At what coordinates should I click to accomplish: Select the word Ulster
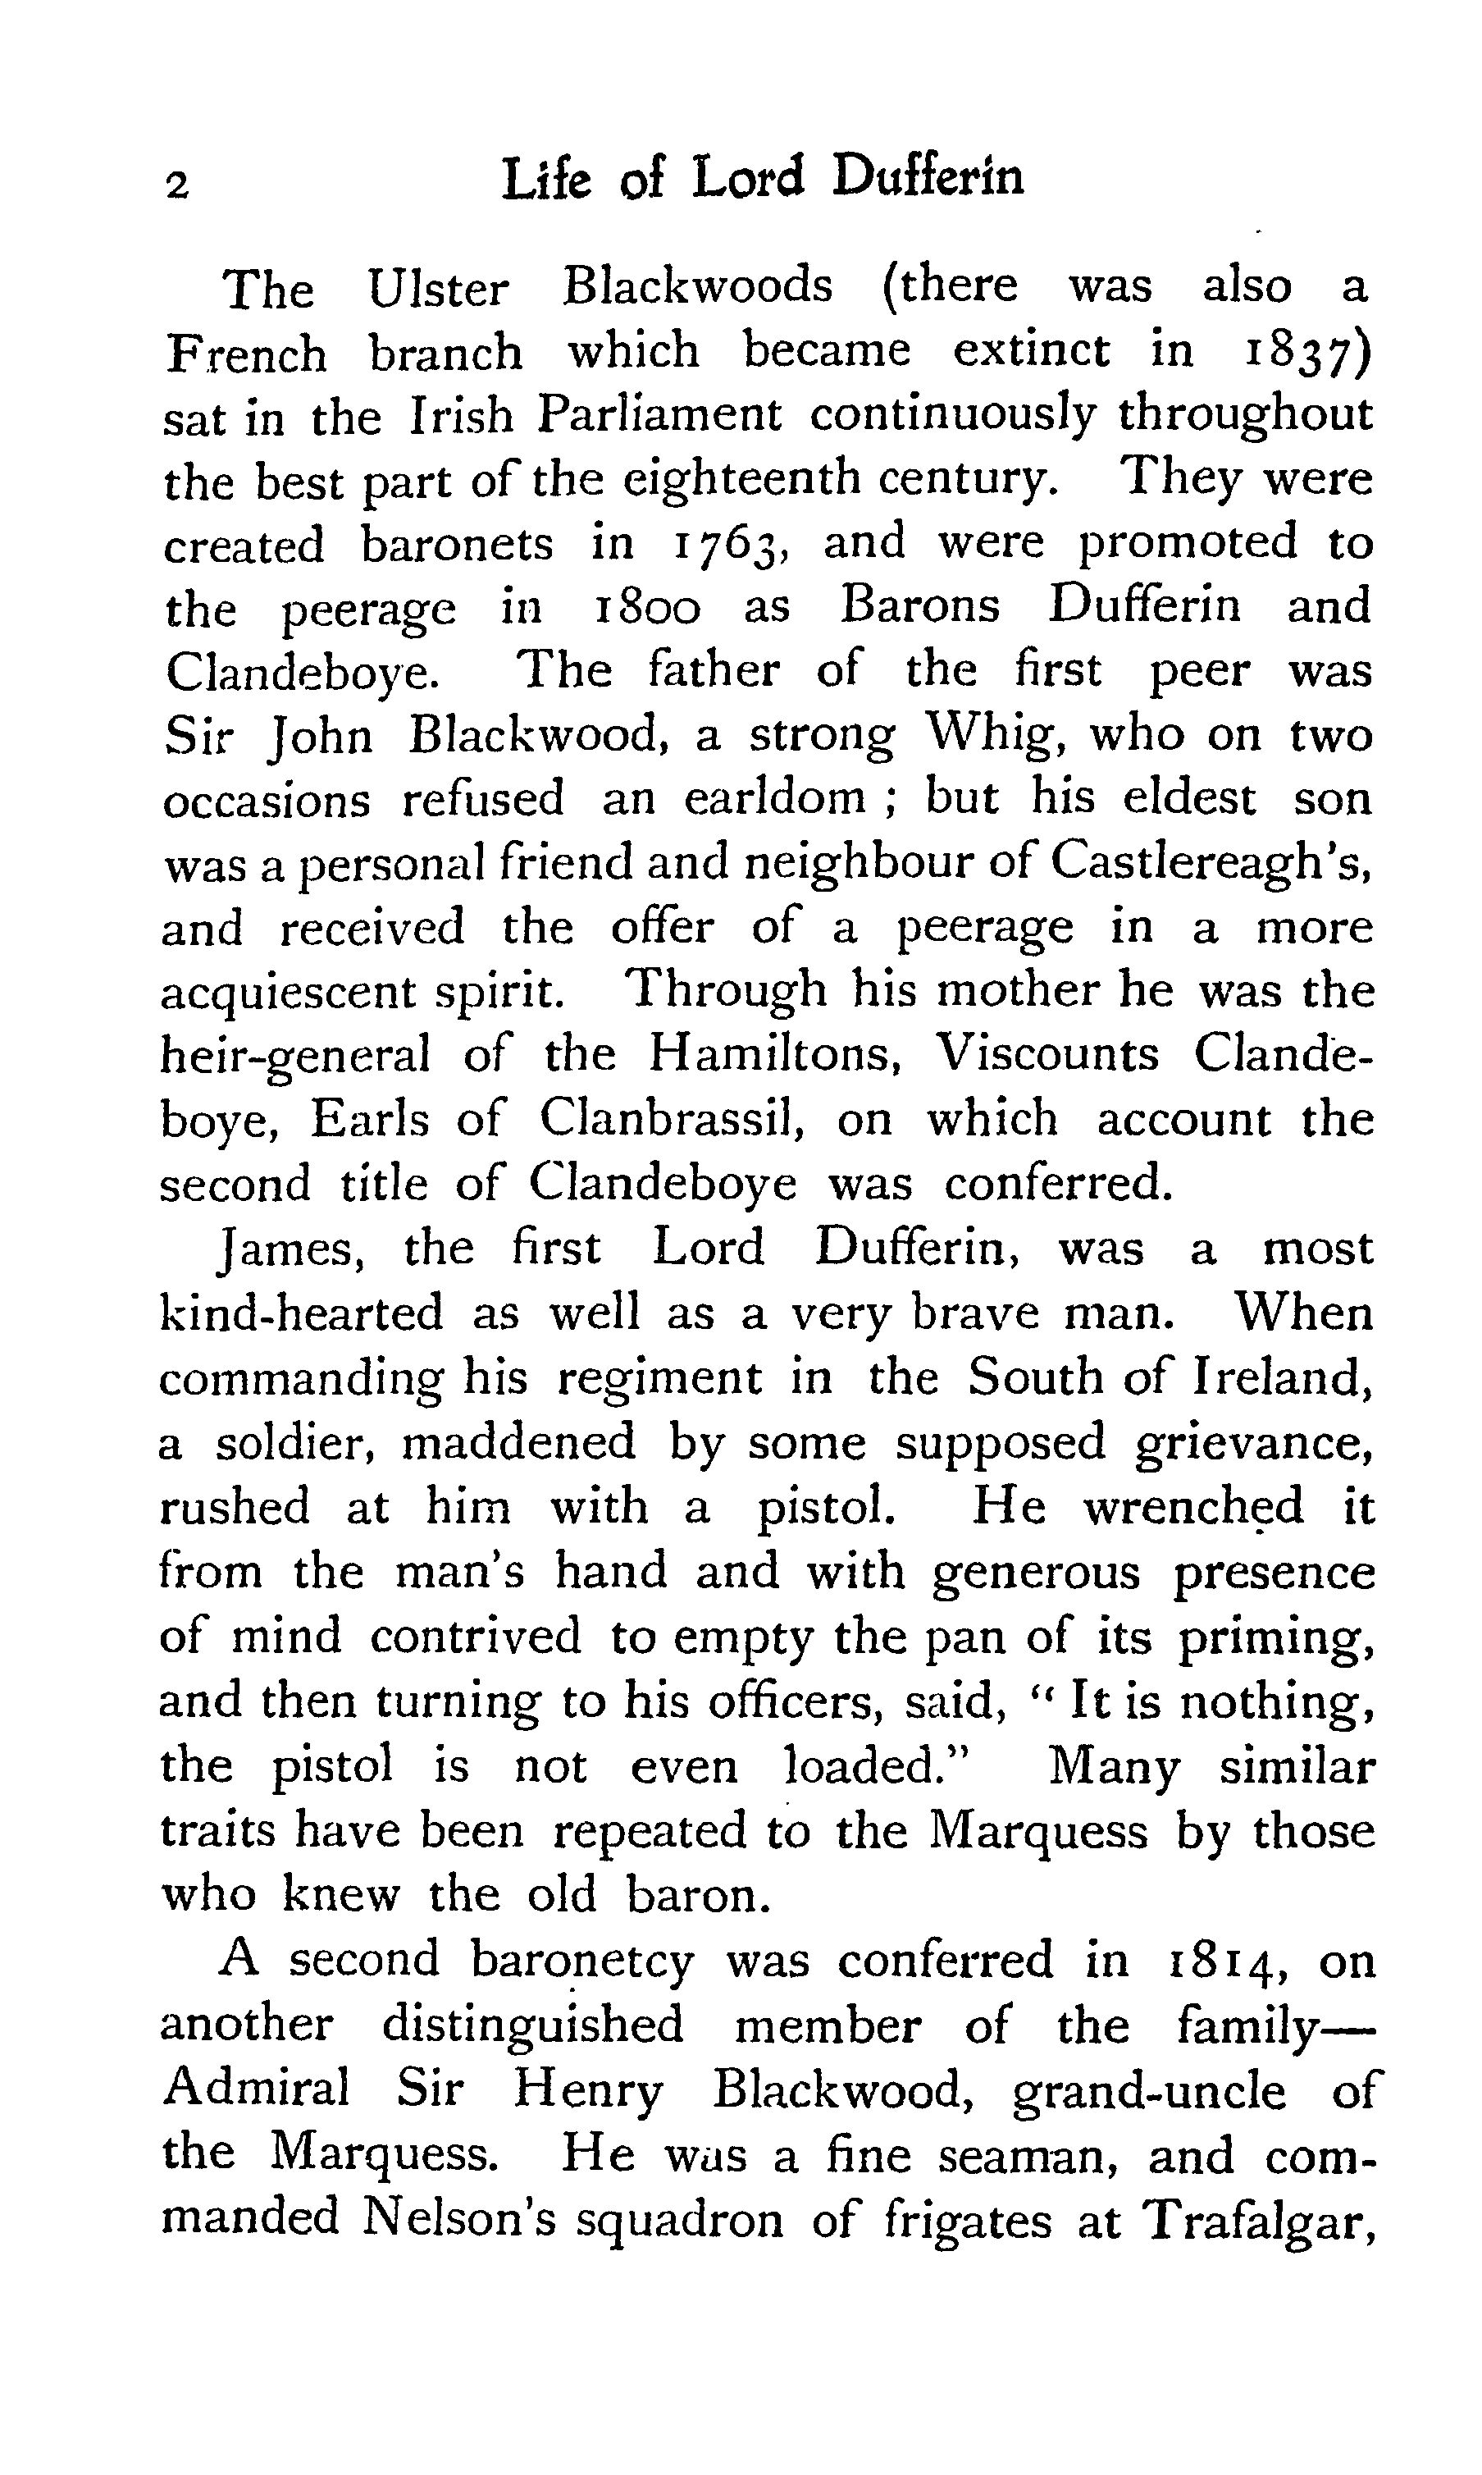(437, 290)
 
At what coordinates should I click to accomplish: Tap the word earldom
(774, 800)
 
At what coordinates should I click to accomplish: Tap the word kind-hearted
(301, 1313)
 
